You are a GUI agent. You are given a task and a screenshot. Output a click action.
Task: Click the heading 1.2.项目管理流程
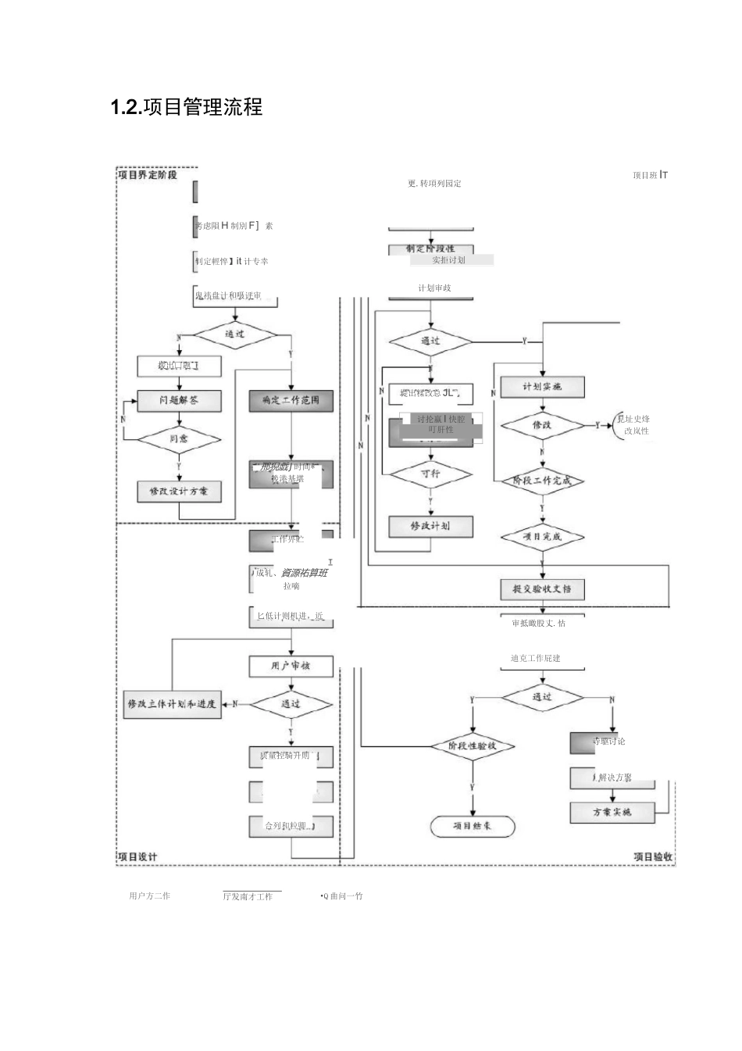[187, 107]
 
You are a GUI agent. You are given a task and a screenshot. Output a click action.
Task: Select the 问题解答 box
[179, 400]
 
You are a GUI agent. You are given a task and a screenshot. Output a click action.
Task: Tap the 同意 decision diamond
[179, 439]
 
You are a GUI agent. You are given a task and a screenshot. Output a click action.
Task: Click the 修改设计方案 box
[179, 491]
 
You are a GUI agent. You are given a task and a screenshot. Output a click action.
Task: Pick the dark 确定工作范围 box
[291, 400]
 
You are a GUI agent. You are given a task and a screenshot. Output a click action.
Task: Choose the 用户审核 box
[291, 666]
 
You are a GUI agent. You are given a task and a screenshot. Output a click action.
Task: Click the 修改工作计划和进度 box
[172, 704]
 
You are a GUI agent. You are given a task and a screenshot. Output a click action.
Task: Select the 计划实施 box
[542, 387]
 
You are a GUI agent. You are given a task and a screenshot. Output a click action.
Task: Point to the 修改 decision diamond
[542, 425]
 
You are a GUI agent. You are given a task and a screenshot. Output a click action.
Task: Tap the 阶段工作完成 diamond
[542, 481]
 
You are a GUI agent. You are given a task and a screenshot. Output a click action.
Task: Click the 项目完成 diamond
[542, 537]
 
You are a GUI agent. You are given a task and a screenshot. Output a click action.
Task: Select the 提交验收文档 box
[542, 588]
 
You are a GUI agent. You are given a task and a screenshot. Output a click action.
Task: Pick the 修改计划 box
[430, 526]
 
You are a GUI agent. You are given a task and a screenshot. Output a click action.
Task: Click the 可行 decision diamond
[430, 474]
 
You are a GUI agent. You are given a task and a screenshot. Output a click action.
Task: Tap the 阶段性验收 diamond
[472, 745]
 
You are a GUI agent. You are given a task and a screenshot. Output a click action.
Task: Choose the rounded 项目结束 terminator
[473, 826]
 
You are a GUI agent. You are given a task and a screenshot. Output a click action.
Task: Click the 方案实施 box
[612, 812]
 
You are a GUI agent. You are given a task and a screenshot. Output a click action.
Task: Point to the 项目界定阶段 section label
[148, 175]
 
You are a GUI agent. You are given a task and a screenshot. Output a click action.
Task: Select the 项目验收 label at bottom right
[653, 856]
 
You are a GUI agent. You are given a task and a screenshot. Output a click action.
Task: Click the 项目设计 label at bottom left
[138, 856]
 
